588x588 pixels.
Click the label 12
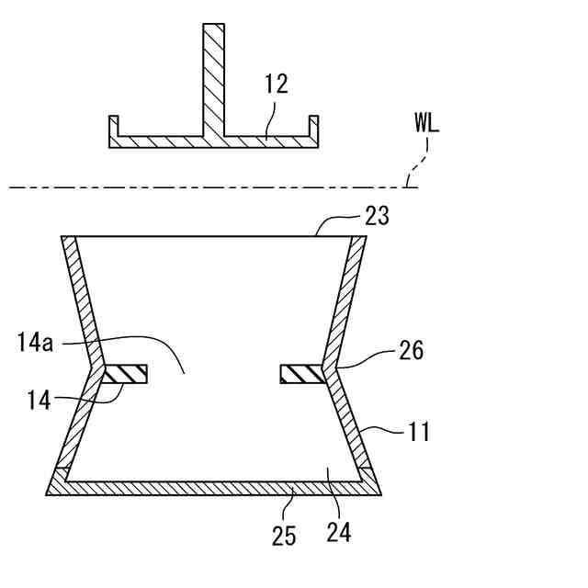(275, 85)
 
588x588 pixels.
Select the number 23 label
(377, 217)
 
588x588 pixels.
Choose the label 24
(338, 530)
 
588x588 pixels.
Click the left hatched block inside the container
(126, 374)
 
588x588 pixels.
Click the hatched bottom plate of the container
(215, 487)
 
